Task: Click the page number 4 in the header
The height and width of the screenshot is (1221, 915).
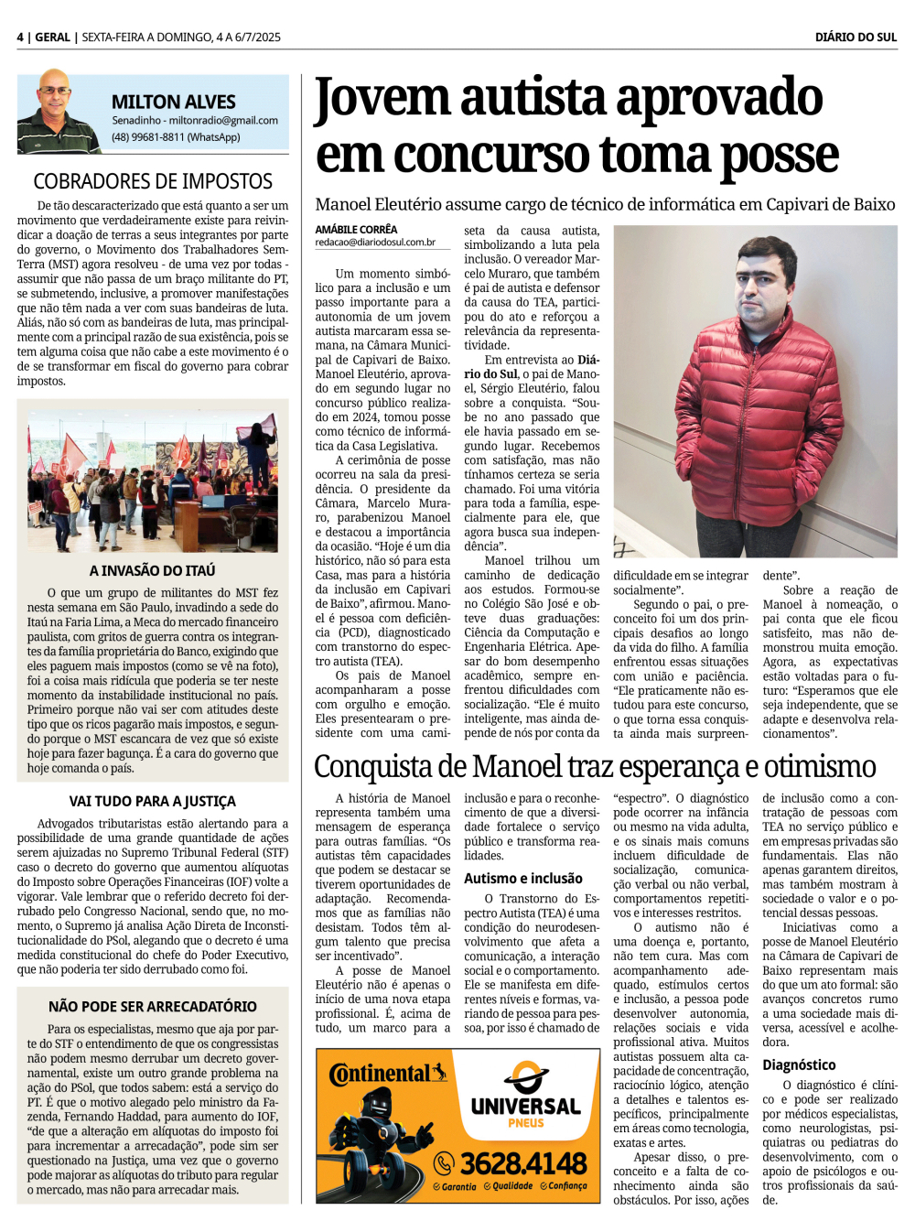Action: pyautogui.click(x=20, y=38)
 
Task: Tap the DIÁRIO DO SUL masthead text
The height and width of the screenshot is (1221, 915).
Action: pyautogui.click(x=856, y=38)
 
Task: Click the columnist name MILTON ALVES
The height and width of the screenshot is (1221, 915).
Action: pyautogui.click(x=173, y=102)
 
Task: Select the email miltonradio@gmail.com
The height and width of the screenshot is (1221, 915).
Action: pyautogui.click(x=223, y=120)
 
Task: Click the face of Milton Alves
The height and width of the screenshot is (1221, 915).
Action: pyautogui.click(x=56, y=92)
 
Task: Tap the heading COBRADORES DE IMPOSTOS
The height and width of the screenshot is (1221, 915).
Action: pyautogui.click(x=153, y=181)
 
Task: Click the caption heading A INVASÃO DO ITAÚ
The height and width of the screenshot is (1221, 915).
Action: pyautogui.click(x=153, y=570)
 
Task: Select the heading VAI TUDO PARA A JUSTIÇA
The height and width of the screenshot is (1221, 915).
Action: pyautogui.click(x=153, y=801)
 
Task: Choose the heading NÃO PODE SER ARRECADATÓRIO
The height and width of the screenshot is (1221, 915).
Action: pyautogui.click(x=153, y=1006)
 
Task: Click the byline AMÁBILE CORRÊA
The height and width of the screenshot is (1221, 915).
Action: pyautogui.click(x=356, y=229)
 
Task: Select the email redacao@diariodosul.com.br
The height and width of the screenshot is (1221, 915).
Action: pyautogui.click(x=375, y=243)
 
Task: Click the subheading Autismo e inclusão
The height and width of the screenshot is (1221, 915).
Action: pyautogui.click(x=522, y=878)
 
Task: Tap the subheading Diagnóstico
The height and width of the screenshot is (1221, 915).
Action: pyautogui.click(x=799, y=1064)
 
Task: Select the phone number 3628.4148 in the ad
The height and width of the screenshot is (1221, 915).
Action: pyautogui.click(x=522, y=1163)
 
